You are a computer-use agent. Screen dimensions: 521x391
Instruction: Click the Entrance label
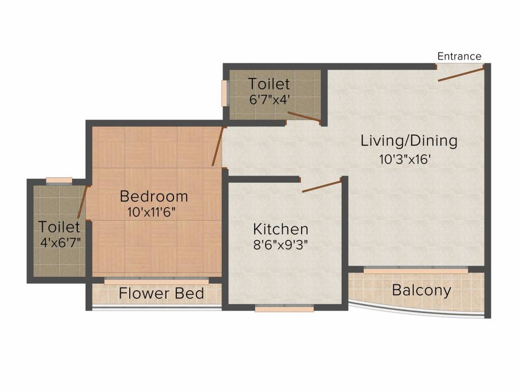459,56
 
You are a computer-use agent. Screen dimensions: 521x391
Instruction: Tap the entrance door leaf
461,74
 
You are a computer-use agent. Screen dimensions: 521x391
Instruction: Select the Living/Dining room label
409,141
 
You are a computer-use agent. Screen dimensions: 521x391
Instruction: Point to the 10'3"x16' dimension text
405,159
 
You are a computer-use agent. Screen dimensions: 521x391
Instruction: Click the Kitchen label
281,229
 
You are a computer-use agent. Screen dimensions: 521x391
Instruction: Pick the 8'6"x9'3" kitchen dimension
280,245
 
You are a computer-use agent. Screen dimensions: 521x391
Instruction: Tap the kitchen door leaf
322,185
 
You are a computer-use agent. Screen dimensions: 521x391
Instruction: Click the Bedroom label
154,196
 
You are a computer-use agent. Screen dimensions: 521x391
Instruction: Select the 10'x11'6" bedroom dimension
151,212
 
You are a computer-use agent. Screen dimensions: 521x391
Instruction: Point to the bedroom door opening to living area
218,146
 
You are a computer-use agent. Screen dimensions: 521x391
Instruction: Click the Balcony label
422,290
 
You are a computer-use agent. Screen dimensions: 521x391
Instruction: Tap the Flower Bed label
161,294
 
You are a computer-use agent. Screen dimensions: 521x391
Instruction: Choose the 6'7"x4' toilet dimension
270,99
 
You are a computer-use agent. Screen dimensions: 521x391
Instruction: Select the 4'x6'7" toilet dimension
61,242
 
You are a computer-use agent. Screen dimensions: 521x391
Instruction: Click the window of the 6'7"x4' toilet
225,94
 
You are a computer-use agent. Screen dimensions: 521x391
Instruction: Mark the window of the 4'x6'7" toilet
59,181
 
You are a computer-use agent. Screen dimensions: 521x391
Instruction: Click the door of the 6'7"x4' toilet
304,117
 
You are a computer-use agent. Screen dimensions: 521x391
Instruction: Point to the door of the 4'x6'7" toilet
82,202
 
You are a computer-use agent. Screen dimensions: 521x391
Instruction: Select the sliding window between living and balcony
416,270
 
